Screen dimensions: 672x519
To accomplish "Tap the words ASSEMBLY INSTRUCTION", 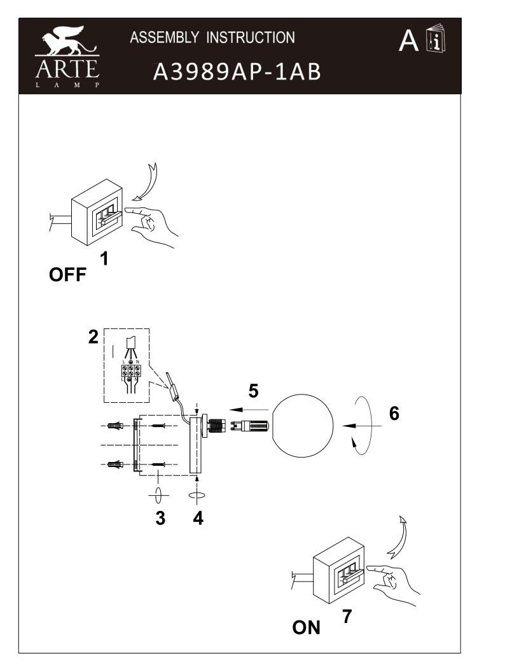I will click(x=212, y=38).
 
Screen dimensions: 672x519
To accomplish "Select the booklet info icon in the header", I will click(x=436, y=40).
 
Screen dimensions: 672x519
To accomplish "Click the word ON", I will click(x=306, y=627).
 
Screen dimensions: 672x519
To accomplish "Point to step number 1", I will click(x=104, y=258).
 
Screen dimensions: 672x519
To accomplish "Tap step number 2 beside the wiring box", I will click(x=93, y=337).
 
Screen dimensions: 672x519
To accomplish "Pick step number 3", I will click(x=160, y=518).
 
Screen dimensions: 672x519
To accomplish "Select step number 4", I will click(x=198, y=518).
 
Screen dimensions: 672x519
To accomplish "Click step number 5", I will click(x=253, y=391).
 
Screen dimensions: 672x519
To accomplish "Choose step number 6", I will click(x=394, y=413).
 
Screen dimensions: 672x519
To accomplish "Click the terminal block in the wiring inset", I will click(x=130, y=372).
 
